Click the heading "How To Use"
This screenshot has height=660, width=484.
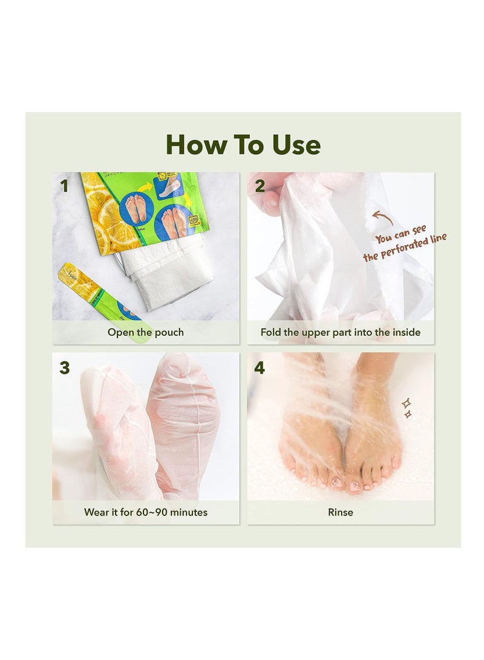point(243,145)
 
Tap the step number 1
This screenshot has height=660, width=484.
point(64,186)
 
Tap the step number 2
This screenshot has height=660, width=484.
point(260,186)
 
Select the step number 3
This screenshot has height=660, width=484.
point(64,368)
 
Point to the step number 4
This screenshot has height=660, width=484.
point(260,368)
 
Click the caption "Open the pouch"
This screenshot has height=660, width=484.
point(145,332)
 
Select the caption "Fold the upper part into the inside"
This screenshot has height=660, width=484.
point(340,332)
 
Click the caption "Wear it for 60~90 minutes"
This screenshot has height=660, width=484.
point(145,512)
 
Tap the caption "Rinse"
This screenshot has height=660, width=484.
point(340,512)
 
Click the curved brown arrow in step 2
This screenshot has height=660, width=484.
point(379,217)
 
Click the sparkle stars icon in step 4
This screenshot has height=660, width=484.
point(407,408)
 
